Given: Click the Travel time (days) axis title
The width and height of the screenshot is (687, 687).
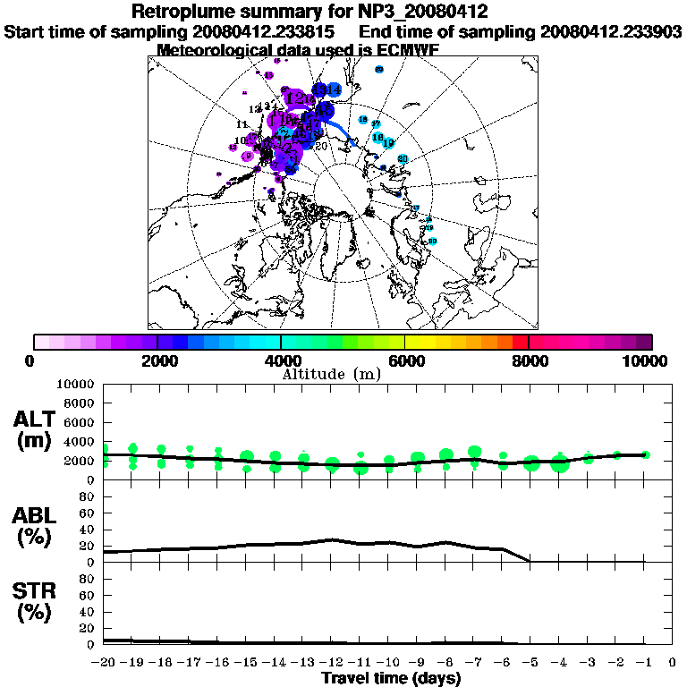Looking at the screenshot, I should pos(391,678).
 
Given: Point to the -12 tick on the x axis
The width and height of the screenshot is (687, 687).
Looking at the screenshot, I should pos(332,663).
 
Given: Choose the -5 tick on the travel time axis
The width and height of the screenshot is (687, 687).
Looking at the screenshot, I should pos(530,663).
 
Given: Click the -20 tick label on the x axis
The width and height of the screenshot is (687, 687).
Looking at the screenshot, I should pos(104,663).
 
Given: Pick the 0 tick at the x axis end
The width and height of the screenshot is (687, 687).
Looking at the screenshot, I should pos(673,663).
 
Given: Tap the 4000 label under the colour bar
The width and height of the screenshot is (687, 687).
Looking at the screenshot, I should pos(282,360).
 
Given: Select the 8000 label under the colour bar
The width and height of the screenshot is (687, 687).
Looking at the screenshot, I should pos(530,360).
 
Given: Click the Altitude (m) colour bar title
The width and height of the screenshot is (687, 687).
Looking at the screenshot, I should pos(332,373).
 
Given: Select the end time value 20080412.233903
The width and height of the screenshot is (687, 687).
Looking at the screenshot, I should pos(611,31).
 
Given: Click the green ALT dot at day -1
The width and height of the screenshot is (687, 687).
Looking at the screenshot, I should pos(645,454).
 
